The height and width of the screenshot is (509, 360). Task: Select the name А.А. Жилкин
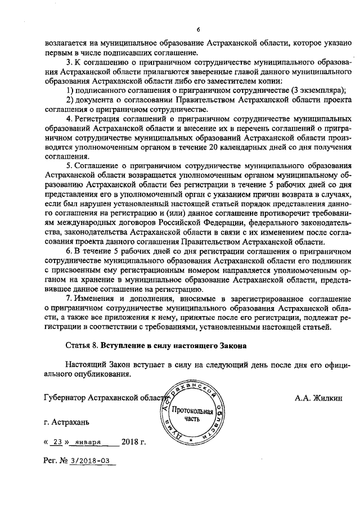click(x=318, y=398)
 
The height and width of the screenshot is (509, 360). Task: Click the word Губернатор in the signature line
click(x=65, y=398)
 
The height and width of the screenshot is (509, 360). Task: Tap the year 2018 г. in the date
click(x=133, y=442)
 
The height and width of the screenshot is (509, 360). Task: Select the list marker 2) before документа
click(x=70, y=100)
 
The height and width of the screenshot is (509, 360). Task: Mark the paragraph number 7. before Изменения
click(x=69, y=297)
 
